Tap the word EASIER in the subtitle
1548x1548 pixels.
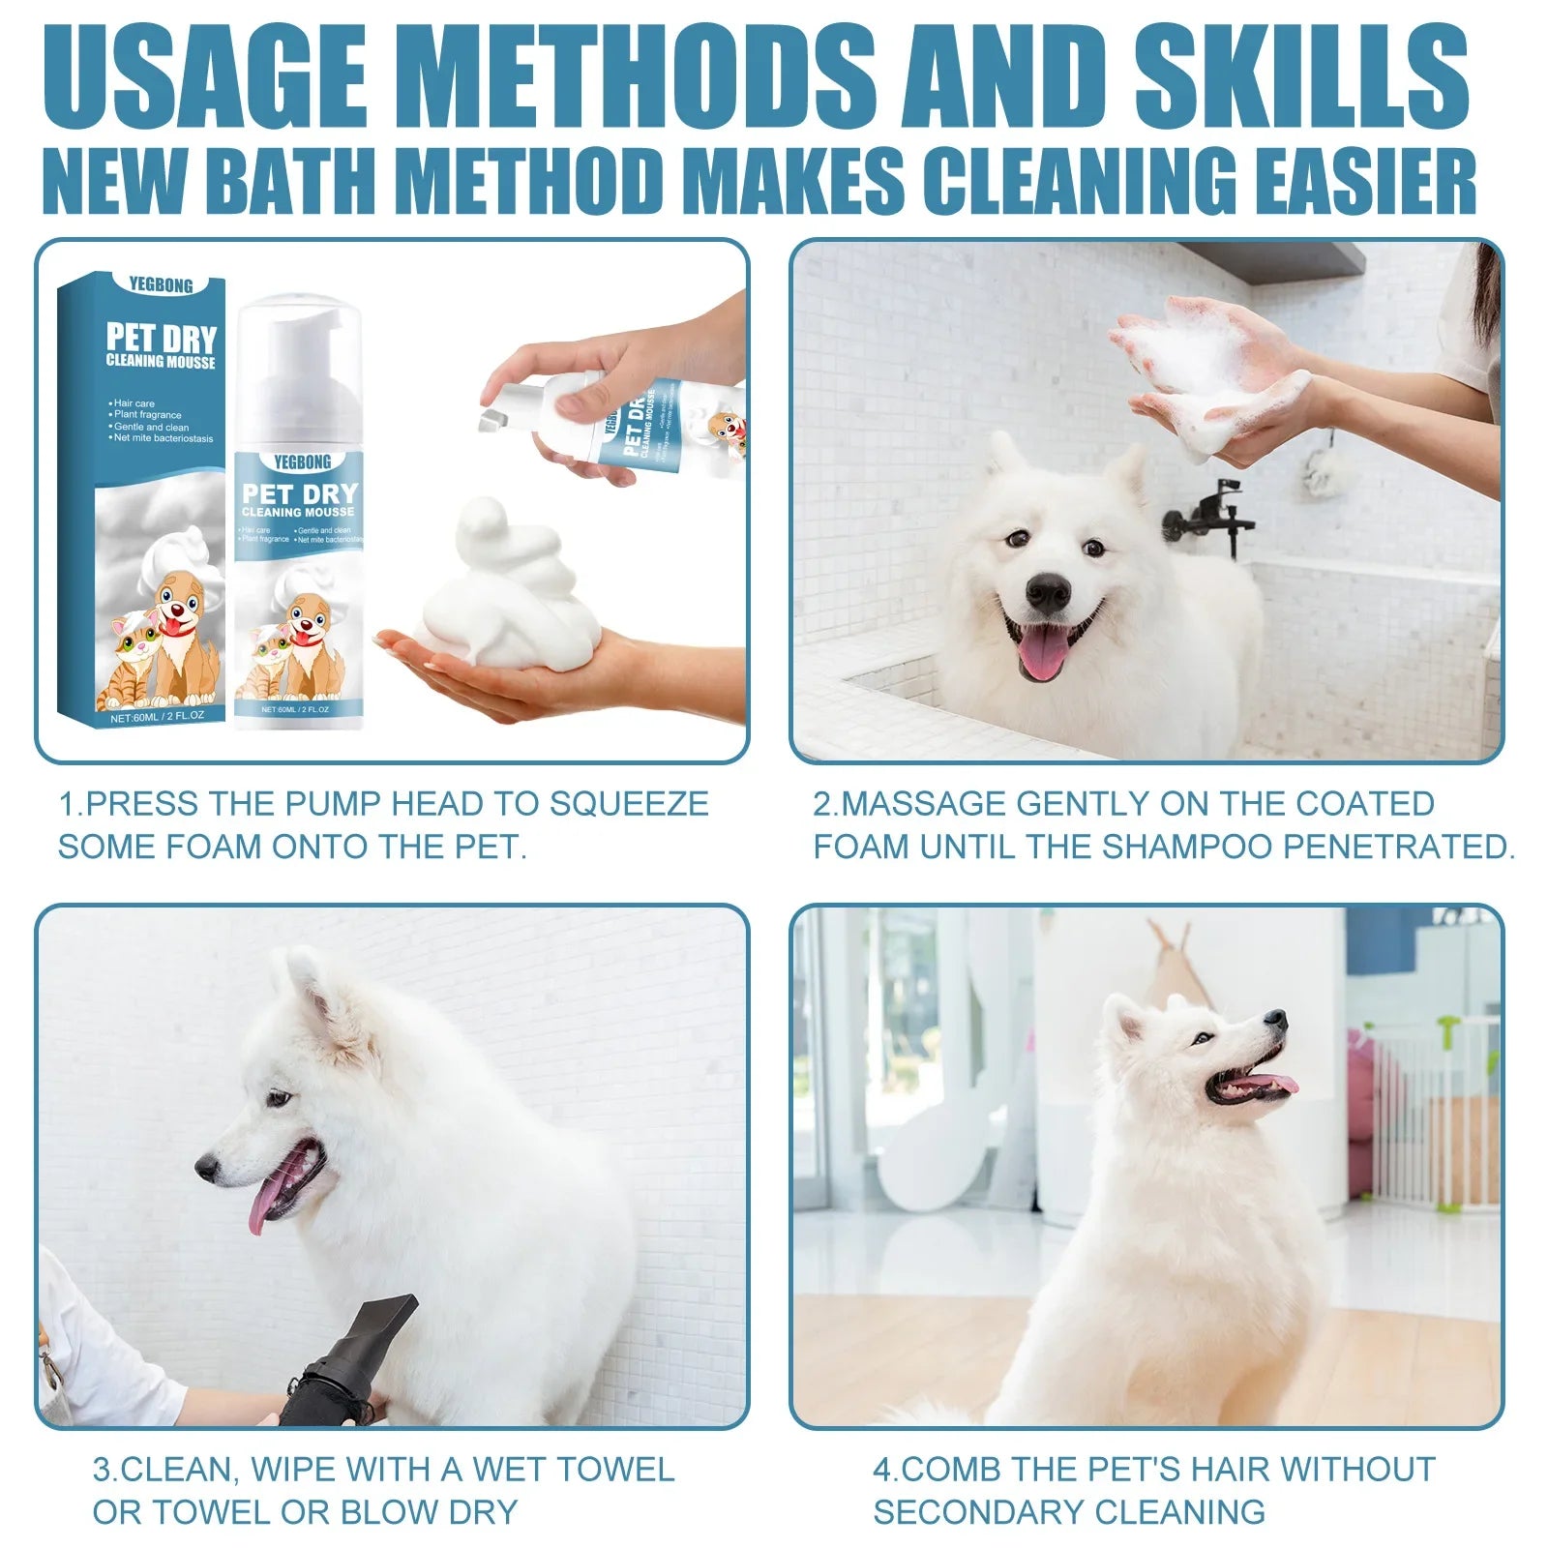pyautogui.click(x=1359, y=181)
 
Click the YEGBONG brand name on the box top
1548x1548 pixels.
pyautogui.click(x=161, y=285)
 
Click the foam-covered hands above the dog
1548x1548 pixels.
pyautogui.click(x=1214, y=372)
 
